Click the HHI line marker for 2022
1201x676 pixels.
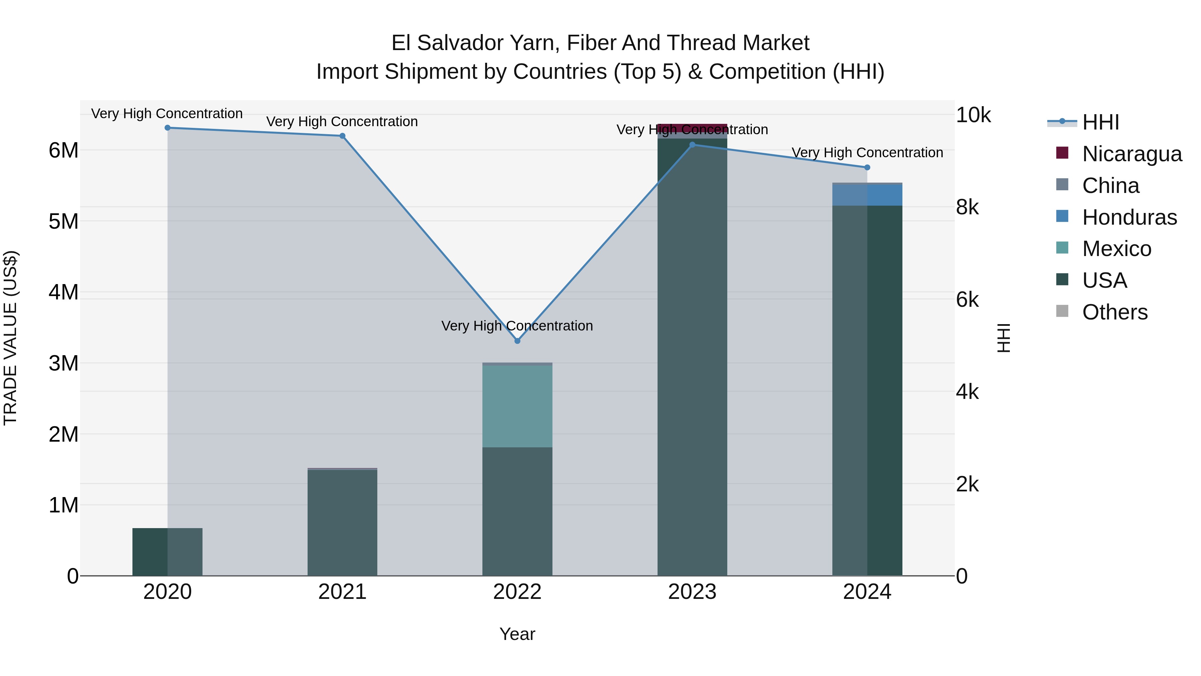[x=517, y=341]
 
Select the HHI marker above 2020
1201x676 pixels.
[x=167, y=128]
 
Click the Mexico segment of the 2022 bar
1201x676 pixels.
[x=517, y=406]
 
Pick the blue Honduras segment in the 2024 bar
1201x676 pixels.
[x=867, y=195]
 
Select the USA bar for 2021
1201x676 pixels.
[x=342, y=522]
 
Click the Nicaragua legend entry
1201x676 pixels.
[x=1132, y=154]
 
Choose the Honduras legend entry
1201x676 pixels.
[x=1129, y=217]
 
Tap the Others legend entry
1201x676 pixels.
[x=1114, y=312]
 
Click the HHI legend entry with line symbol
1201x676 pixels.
[x=1100, y=122]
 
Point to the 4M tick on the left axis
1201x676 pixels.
[x=63, y=292]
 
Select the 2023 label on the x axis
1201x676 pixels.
[x=692, y=592]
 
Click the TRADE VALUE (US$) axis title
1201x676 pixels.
[x=10, y=338]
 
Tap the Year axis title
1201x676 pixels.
[x=517, y=634]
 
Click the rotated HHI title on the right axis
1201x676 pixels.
[x=1003, y=338]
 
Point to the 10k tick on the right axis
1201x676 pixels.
[x=973, y=115]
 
